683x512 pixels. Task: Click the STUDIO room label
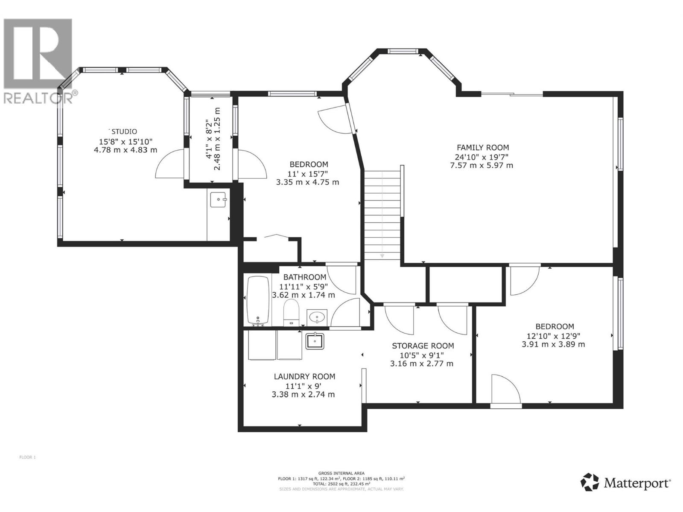[x=124, y=131]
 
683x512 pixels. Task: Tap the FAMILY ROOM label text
[x=483, y=148]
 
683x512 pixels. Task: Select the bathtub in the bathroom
[x=258, y=300]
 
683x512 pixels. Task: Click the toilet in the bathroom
[x=292, y=312]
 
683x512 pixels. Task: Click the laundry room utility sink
[x=315, y=341]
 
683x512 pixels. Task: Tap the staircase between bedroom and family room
[x=382, y=213]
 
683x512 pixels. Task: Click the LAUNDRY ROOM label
[x=304, y=376]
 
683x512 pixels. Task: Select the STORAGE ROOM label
[x=423, y=346]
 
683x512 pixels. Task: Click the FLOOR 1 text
[x=28, y=457]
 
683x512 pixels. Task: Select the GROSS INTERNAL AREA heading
[x=341, y=473]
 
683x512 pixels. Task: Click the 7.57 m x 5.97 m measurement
[x=482, y=165]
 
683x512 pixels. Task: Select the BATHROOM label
[x=305, y=277]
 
